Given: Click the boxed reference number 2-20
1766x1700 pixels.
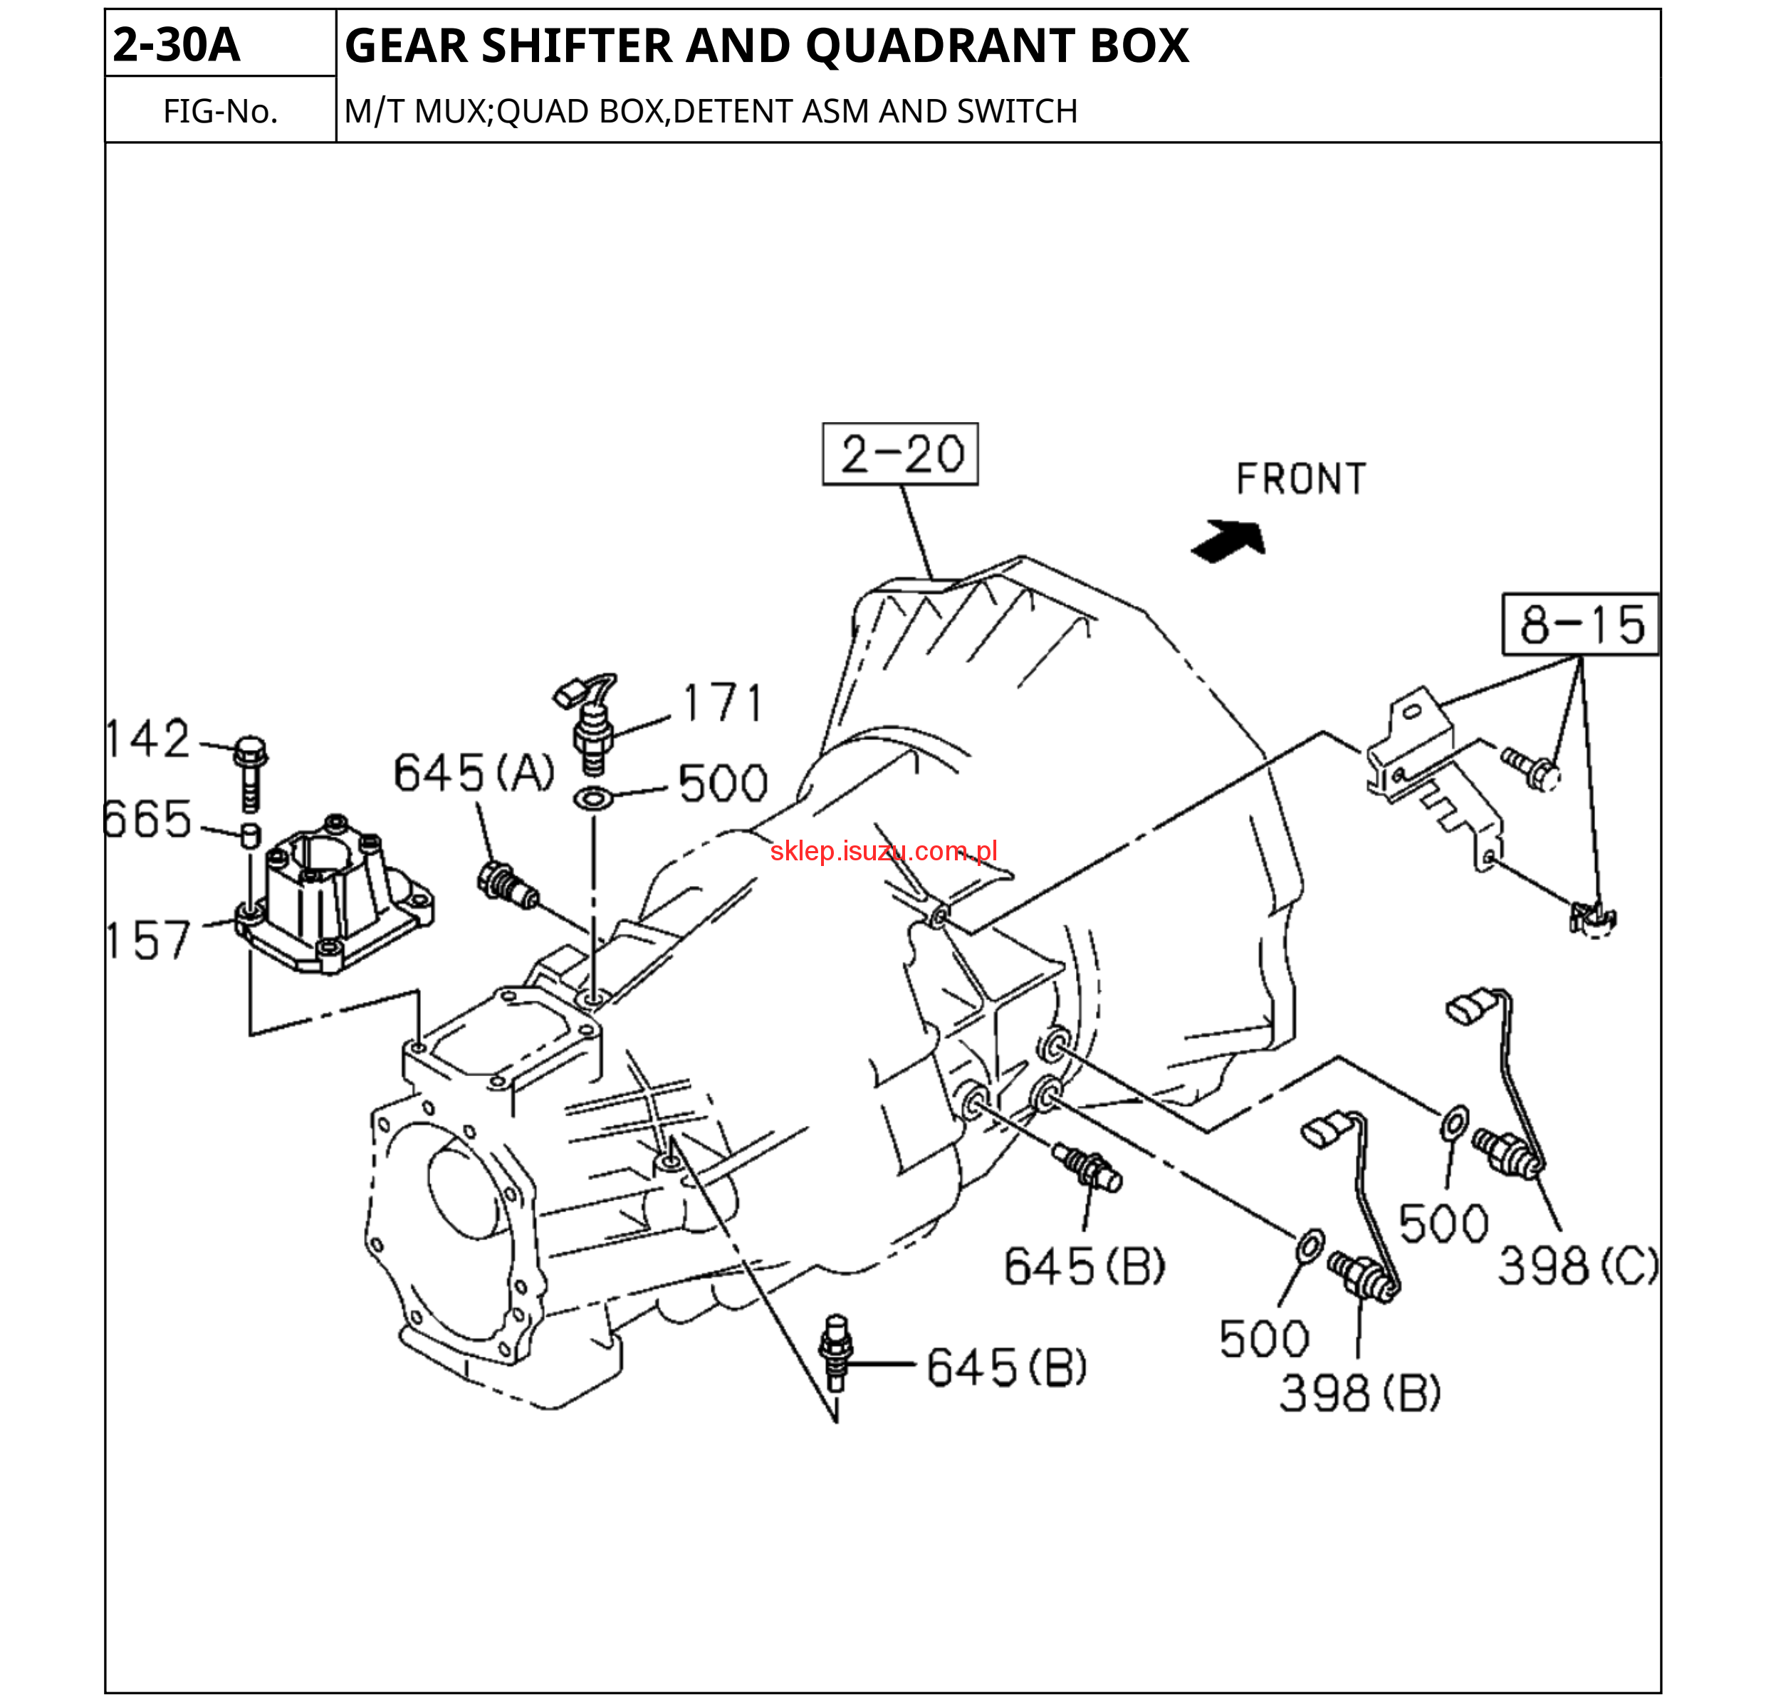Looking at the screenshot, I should point(900,454).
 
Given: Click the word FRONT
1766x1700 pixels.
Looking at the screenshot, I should point(1300,479).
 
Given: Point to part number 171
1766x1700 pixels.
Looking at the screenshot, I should point(723,703).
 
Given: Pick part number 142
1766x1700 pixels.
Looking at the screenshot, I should point(148,739).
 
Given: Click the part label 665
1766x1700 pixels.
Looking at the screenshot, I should point(148,819).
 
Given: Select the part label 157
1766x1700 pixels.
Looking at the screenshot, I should point(148,939).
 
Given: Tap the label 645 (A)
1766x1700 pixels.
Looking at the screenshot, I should point(474,773).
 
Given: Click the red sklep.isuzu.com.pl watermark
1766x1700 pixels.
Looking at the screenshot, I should point(883,851).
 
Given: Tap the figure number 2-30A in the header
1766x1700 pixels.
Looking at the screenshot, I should point(177,45).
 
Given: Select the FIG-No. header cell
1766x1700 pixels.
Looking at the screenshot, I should point(220,111).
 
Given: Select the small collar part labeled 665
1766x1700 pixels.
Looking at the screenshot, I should point(251,835).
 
